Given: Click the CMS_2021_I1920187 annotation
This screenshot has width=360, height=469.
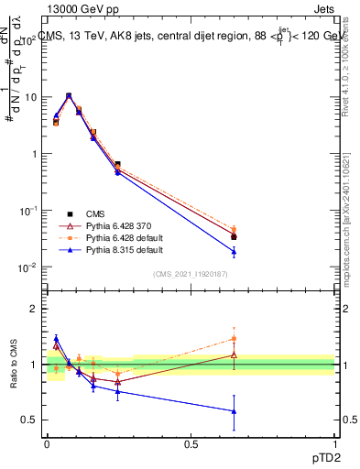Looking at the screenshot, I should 190,273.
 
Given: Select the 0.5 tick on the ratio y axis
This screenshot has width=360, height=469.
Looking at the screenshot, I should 30,420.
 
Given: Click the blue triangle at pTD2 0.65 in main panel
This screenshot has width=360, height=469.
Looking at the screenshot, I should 234,252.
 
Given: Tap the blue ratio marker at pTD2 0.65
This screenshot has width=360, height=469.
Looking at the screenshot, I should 234,411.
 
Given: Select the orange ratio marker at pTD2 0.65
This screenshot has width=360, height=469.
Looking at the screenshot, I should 234,339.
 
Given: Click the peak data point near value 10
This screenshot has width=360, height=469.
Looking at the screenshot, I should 69,95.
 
